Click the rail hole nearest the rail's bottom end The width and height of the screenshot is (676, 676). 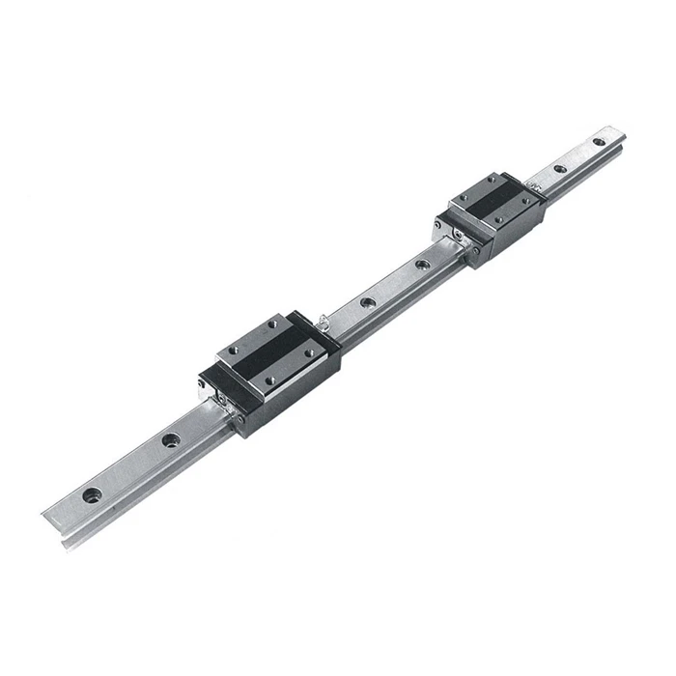(x=92, y=495)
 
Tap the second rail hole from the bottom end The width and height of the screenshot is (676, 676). (x=170, y=441)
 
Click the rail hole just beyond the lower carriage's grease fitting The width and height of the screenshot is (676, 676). (x=367, y=302)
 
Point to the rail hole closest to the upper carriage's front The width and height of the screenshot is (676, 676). (x=421, y=264)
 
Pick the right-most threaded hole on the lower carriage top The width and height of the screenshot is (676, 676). (x=308, y=354)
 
